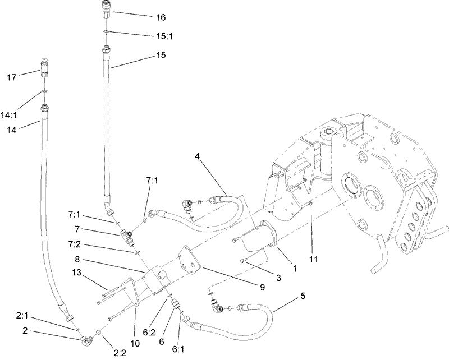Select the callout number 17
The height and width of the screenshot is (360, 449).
tap(11, 77)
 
